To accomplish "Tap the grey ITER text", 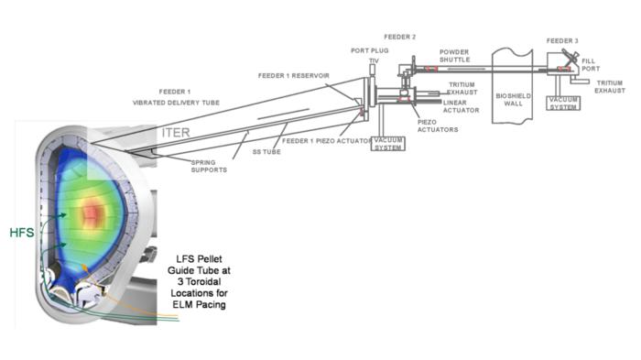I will [x=177, y=133].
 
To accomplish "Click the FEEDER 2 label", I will [x=400, y=37].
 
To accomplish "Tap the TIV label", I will [x=374, y=61].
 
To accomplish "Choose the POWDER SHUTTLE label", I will [x=455, y=57].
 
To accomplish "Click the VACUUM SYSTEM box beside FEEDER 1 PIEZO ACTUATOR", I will [x=387, y=144].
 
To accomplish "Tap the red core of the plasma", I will [x=92, y=213].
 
